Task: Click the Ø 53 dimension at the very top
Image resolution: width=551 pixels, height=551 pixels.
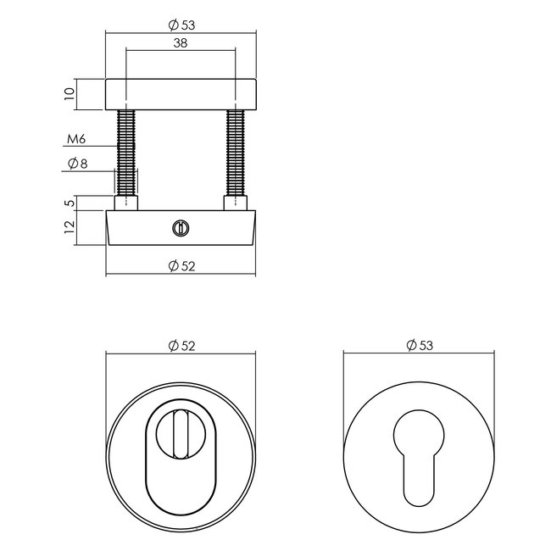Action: click(181, 25)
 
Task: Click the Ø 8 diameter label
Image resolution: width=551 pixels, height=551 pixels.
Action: click(76, 164)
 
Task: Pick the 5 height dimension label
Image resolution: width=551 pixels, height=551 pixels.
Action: click(70, 203)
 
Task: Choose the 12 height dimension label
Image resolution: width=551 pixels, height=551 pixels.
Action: click(70, 226)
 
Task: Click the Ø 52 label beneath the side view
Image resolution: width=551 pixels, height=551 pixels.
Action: click(181, 266)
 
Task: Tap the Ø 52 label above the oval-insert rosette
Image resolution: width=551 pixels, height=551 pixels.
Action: click(181, 345)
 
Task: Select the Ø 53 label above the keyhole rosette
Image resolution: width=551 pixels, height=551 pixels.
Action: click(419, 345)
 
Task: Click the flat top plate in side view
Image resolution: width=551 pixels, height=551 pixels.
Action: click(181, 94)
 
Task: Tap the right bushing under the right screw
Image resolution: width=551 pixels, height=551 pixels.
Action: click(235, 203)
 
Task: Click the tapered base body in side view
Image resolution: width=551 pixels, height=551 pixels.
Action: click(212, 229)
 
